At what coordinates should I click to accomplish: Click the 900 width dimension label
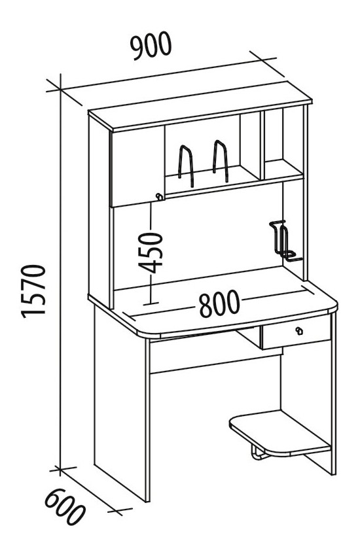tap(151, 45)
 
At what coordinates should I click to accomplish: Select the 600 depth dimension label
tap(65, 508)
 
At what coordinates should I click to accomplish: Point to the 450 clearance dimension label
tap(151, 252)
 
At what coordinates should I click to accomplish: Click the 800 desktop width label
tap(219, 304)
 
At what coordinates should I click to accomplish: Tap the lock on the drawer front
tap(299, 331)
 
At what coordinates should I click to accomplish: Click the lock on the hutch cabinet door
tap(160, 196)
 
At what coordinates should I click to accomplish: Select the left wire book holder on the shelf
tap(186, 165)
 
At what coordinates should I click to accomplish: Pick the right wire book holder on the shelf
tap(221, 161)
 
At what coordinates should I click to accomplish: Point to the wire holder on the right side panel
tap(283, 241)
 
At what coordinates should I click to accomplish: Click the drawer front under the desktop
tap(297, 332)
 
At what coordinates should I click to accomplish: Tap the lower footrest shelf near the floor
tap(280, 433)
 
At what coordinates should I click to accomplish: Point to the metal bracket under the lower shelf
tap(260, 454)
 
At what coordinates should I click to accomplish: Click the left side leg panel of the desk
tap(120, 404)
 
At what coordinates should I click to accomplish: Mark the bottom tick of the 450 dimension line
tap(151, 304)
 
